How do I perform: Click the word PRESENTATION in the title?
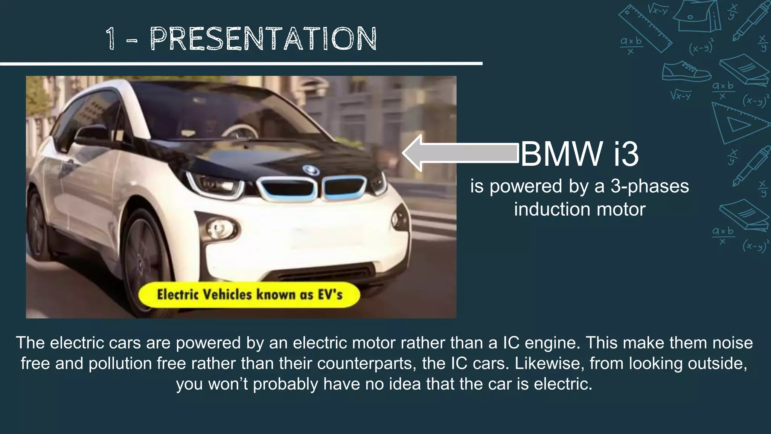pos(264,39)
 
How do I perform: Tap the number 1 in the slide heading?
pos(110,39)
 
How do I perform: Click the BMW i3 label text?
pos(580,154)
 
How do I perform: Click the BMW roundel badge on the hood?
pos(311,170)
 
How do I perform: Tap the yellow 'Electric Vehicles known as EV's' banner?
pos(249,295)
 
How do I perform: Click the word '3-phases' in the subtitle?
pos(649,186)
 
